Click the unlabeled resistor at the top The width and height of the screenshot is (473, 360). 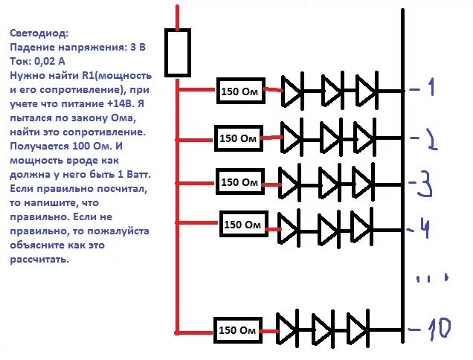pos(177,52)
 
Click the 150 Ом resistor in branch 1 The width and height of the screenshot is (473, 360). pos(239,91)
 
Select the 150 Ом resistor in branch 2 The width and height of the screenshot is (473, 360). pos(239,138)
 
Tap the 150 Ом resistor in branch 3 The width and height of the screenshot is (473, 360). pos(239,181)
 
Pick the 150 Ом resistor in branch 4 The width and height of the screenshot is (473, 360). pos(243,224)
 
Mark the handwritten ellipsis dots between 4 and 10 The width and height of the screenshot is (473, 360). pos(432,280)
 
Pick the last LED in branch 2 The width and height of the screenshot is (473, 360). pos(364,138)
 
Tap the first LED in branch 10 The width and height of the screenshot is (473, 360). pos(289,327)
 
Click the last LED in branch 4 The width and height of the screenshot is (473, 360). pos(361,225)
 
